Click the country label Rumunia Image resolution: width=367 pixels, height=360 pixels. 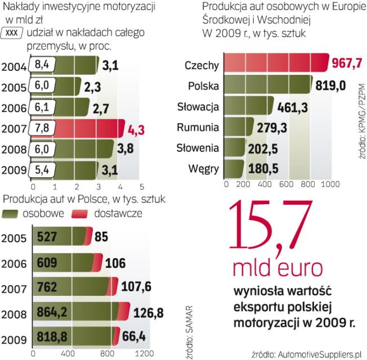(x=198, y=127)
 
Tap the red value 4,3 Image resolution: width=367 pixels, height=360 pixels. (x=137, y=129)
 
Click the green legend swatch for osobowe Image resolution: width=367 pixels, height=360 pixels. (x=11, y=214)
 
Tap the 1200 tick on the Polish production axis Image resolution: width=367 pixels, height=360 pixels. (x=143, y=353)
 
